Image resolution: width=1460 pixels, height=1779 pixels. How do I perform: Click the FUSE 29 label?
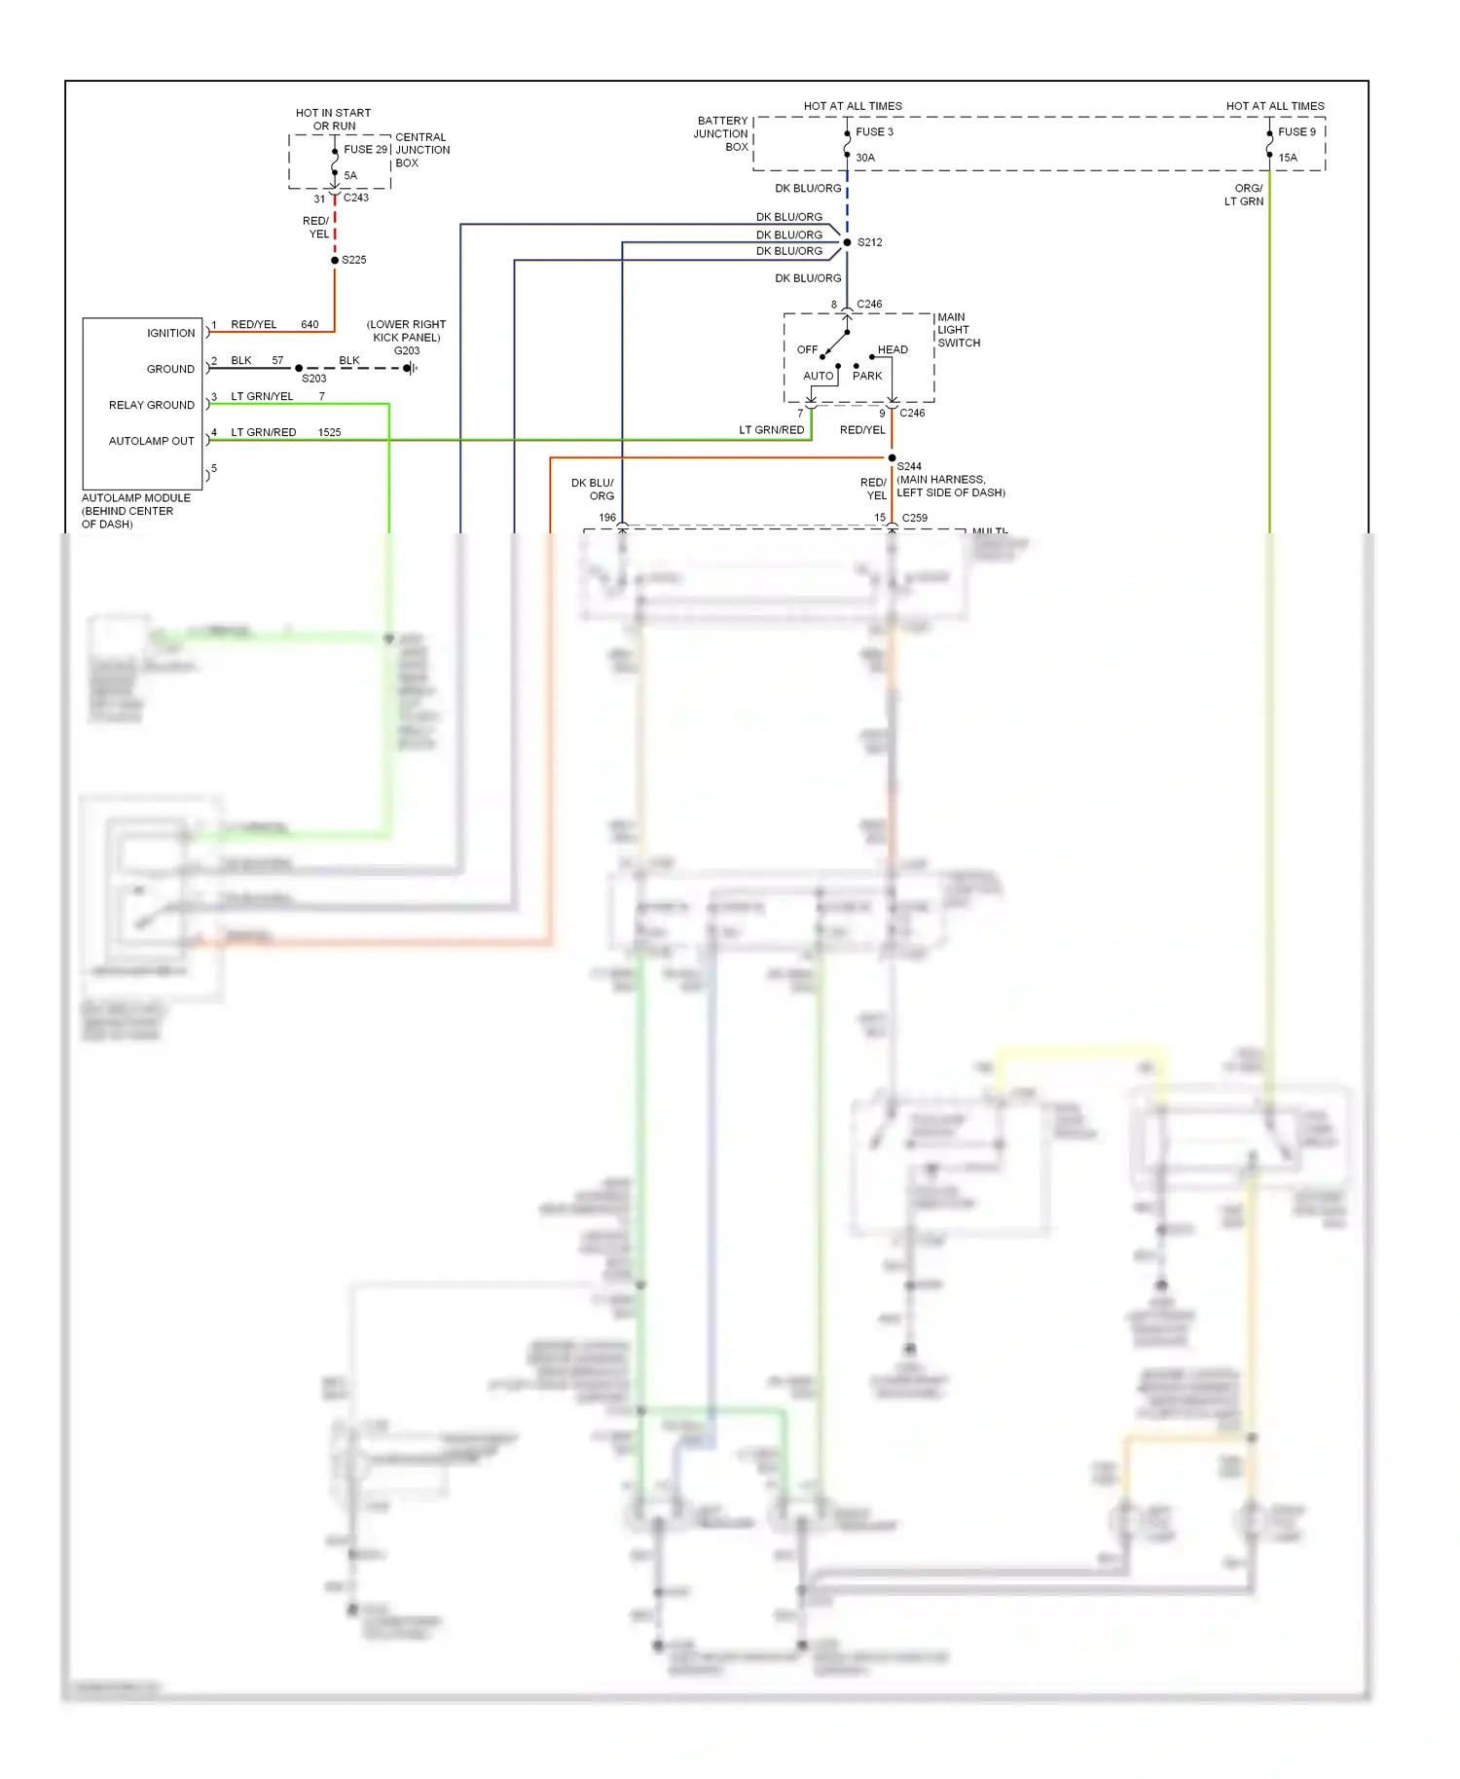(x=365, y=149)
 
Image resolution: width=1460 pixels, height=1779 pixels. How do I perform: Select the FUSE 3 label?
(x=874, y=131)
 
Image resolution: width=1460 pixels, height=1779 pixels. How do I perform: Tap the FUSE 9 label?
(x=1296, y=131)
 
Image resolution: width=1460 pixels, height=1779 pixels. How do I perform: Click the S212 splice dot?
(x=847, y=242)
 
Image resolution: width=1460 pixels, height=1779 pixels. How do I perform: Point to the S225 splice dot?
(x=335, y=260)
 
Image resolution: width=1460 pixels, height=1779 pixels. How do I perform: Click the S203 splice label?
(x=313, y=379)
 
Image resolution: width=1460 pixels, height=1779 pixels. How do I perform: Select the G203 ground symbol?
(x=410, y=368)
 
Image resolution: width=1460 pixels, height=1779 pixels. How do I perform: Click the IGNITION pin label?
(x=170, y=333)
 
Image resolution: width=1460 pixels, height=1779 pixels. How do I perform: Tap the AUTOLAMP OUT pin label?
(x=151, y=441)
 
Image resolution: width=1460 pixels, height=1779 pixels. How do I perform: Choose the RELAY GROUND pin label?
(x=151, y=405)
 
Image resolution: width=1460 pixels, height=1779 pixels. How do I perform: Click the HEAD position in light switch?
(x=892, y=349)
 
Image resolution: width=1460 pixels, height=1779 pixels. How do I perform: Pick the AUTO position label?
(x=818, y=376)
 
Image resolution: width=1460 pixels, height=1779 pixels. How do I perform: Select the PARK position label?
(x=866, y=376)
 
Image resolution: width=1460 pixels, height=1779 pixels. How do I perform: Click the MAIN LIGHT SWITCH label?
(x=958, y=330)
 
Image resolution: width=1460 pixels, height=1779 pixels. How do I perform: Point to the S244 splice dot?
(x=892, y=457)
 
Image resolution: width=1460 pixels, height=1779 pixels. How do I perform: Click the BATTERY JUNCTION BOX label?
(x=721, y=134)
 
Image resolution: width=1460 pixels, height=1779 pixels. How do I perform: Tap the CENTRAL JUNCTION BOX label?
(x=421, y=150)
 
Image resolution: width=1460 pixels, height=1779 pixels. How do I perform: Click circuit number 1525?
(x=329, y=432)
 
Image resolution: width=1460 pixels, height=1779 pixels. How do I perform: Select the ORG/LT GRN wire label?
(x=1245, y=195)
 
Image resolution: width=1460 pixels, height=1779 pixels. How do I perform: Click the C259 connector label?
(x=914, y=518)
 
